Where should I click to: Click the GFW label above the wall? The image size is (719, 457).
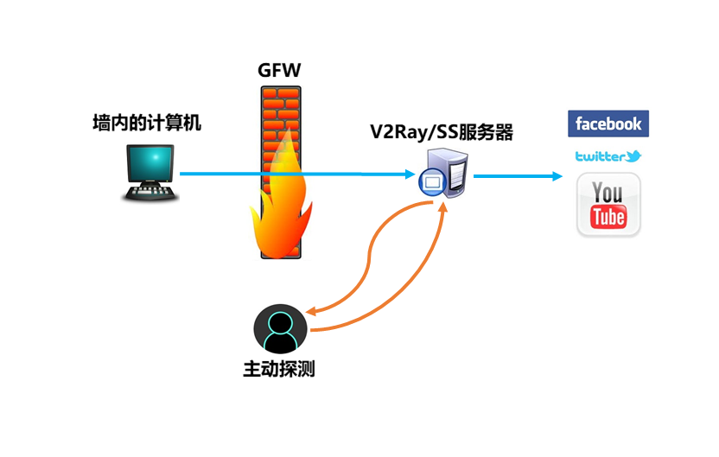click(x=279, y=70)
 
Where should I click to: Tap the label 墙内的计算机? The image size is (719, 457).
click(x=147, y=123)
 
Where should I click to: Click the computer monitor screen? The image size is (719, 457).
click(x=150, y=163)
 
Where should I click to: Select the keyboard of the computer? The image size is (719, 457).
click(x=150, y=193)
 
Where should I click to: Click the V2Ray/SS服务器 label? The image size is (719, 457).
click(x=442, y=132)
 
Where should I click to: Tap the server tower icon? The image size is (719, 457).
click(x=447, y=173)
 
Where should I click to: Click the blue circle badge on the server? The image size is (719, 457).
click(x=432, y=182)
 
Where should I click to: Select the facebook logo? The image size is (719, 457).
click(x=608, y=124)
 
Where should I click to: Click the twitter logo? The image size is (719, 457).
click(x=608, y=156)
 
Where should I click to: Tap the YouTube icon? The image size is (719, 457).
click(x=608, y=205)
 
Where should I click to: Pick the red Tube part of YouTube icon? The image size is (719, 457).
click(x=608, y=217)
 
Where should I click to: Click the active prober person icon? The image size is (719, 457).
click(x=280, y=328)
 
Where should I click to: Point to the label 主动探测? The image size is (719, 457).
click(x=279, y=369)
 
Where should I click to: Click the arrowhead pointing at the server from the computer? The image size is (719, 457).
click(x=410, y=175)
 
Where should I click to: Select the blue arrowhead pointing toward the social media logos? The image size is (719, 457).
click(x=557, y=176)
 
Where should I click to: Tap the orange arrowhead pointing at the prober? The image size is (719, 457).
click(x=312, y=311)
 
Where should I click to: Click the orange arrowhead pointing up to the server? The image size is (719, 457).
click(x=442, y=206)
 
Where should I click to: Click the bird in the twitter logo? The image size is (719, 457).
click(x=633, y=156)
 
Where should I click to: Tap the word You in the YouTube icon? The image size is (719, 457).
click(x=608, y=193)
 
